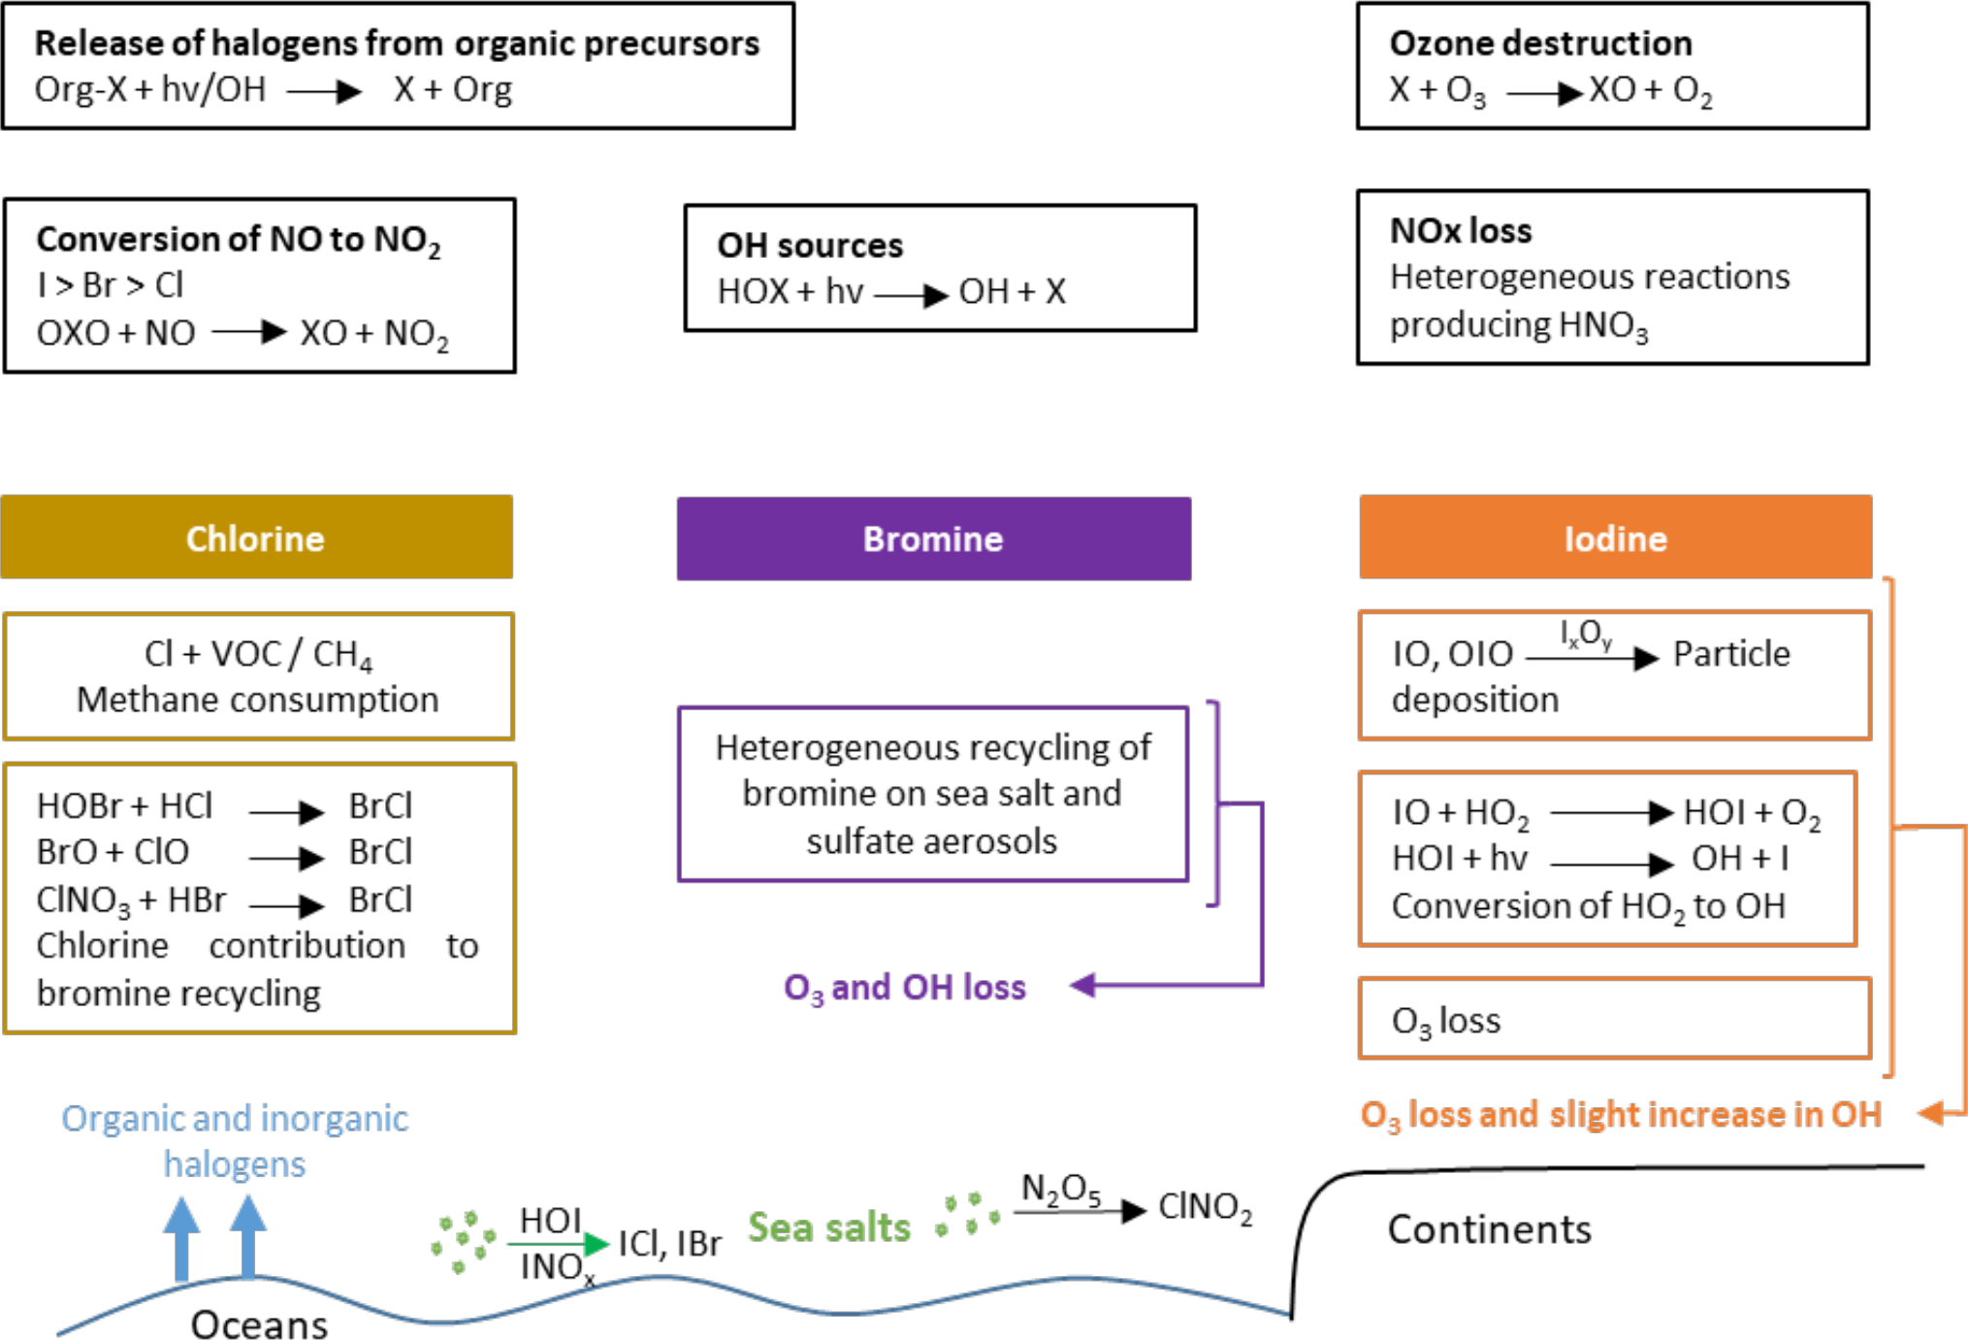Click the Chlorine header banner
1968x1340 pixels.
point(256,538)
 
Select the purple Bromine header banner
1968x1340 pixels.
point(933,539)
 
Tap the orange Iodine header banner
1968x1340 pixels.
point(1615,538)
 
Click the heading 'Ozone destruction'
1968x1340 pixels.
point(1540,44)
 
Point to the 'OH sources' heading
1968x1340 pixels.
point(810,245)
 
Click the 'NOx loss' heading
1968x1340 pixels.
point(1461,231)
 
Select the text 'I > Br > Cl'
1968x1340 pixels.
point(110,285)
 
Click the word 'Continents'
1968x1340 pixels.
point(1489,1229)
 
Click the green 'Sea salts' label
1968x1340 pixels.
point(829,1227)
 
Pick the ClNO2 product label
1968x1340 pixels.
point(1205,1207)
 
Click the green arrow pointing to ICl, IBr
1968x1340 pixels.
point(558,1243)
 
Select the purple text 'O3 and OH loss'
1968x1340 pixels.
point(904,988)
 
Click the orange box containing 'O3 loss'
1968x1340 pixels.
point(1614,1019)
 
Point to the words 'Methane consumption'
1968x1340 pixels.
point(258,700)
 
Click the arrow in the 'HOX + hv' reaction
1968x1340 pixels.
point(910,294)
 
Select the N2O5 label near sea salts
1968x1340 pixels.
point(1061,1189)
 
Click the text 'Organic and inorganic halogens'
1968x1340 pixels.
point(235,1141)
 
